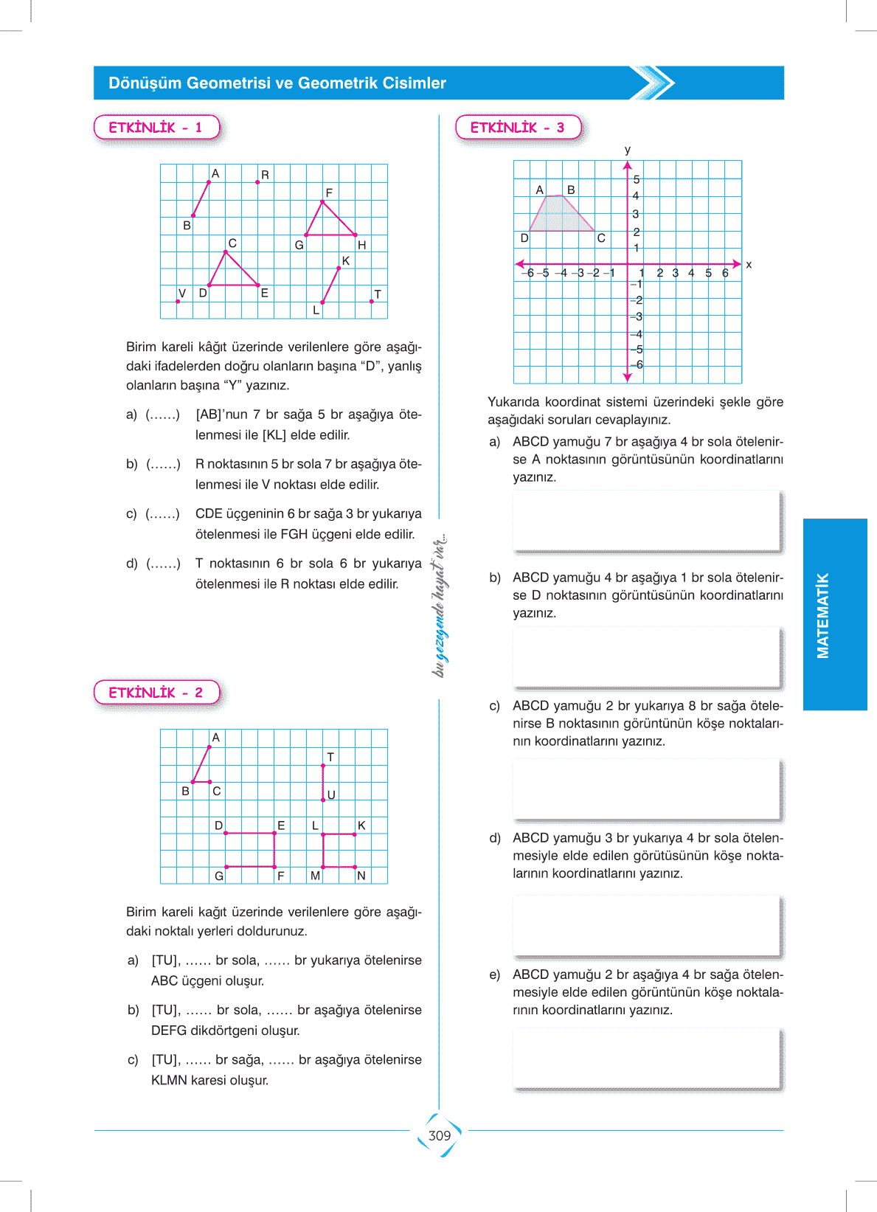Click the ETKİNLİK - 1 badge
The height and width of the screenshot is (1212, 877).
pyautogui.click(x=156, y=128)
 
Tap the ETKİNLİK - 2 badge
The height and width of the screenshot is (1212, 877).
pyautogui.click(x=156, y=693)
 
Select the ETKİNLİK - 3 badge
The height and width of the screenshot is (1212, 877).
pyautogui.click(x=518, y=128)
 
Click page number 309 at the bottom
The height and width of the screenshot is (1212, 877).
pyautogui.click(x=440, y=1135)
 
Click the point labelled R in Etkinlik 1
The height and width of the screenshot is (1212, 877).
pyautogui.click(x=257, y=181)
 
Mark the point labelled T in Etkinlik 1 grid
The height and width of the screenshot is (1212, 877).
pyautogui.click(x=372, y=301)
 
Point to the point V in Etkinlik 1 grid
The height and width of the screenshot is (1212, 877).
pyautogui.click(x=178, y=301)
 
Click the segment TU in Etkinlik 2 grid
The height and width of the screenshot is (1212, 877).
pyautogui.click(x=323, y=782)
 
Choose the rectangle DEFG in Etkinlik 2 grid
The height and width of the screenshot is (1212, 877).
pyautogui.click(x=250, y=850)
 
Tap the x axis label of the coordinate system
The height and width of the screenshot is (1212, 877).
pyautogui.click(x=749, y=264)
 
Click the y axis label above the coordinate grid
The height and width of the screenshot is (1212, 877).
pyautogui.click(x=628, y=150)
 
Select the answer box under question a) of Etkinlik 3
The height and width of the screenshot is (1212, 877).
pyautogui.click(x=647, y=520)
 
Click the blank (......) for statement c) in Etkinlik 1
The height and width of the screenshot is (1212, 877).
pyautogui.click(x=163, y=513)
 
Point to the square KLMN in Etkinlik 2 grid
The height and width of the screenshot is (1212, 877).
pyautogui.click(x=339, y=850)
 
